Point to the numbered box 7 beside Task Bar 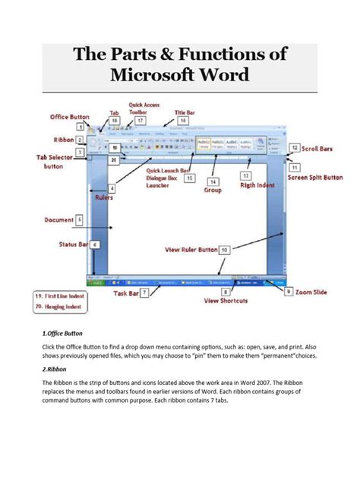click(x=144, y=292)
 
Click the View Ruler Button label click(x=191, y=249)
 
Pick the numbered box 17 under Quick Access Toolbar click(x=139, y=120)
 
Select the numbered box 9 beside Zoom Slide click(x=289, y=291)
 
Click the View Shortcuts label click(x=226, y=301)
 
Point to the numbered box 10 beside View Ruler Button click(x=225, y=249)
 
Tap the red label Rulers click(x=103, y=197)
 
